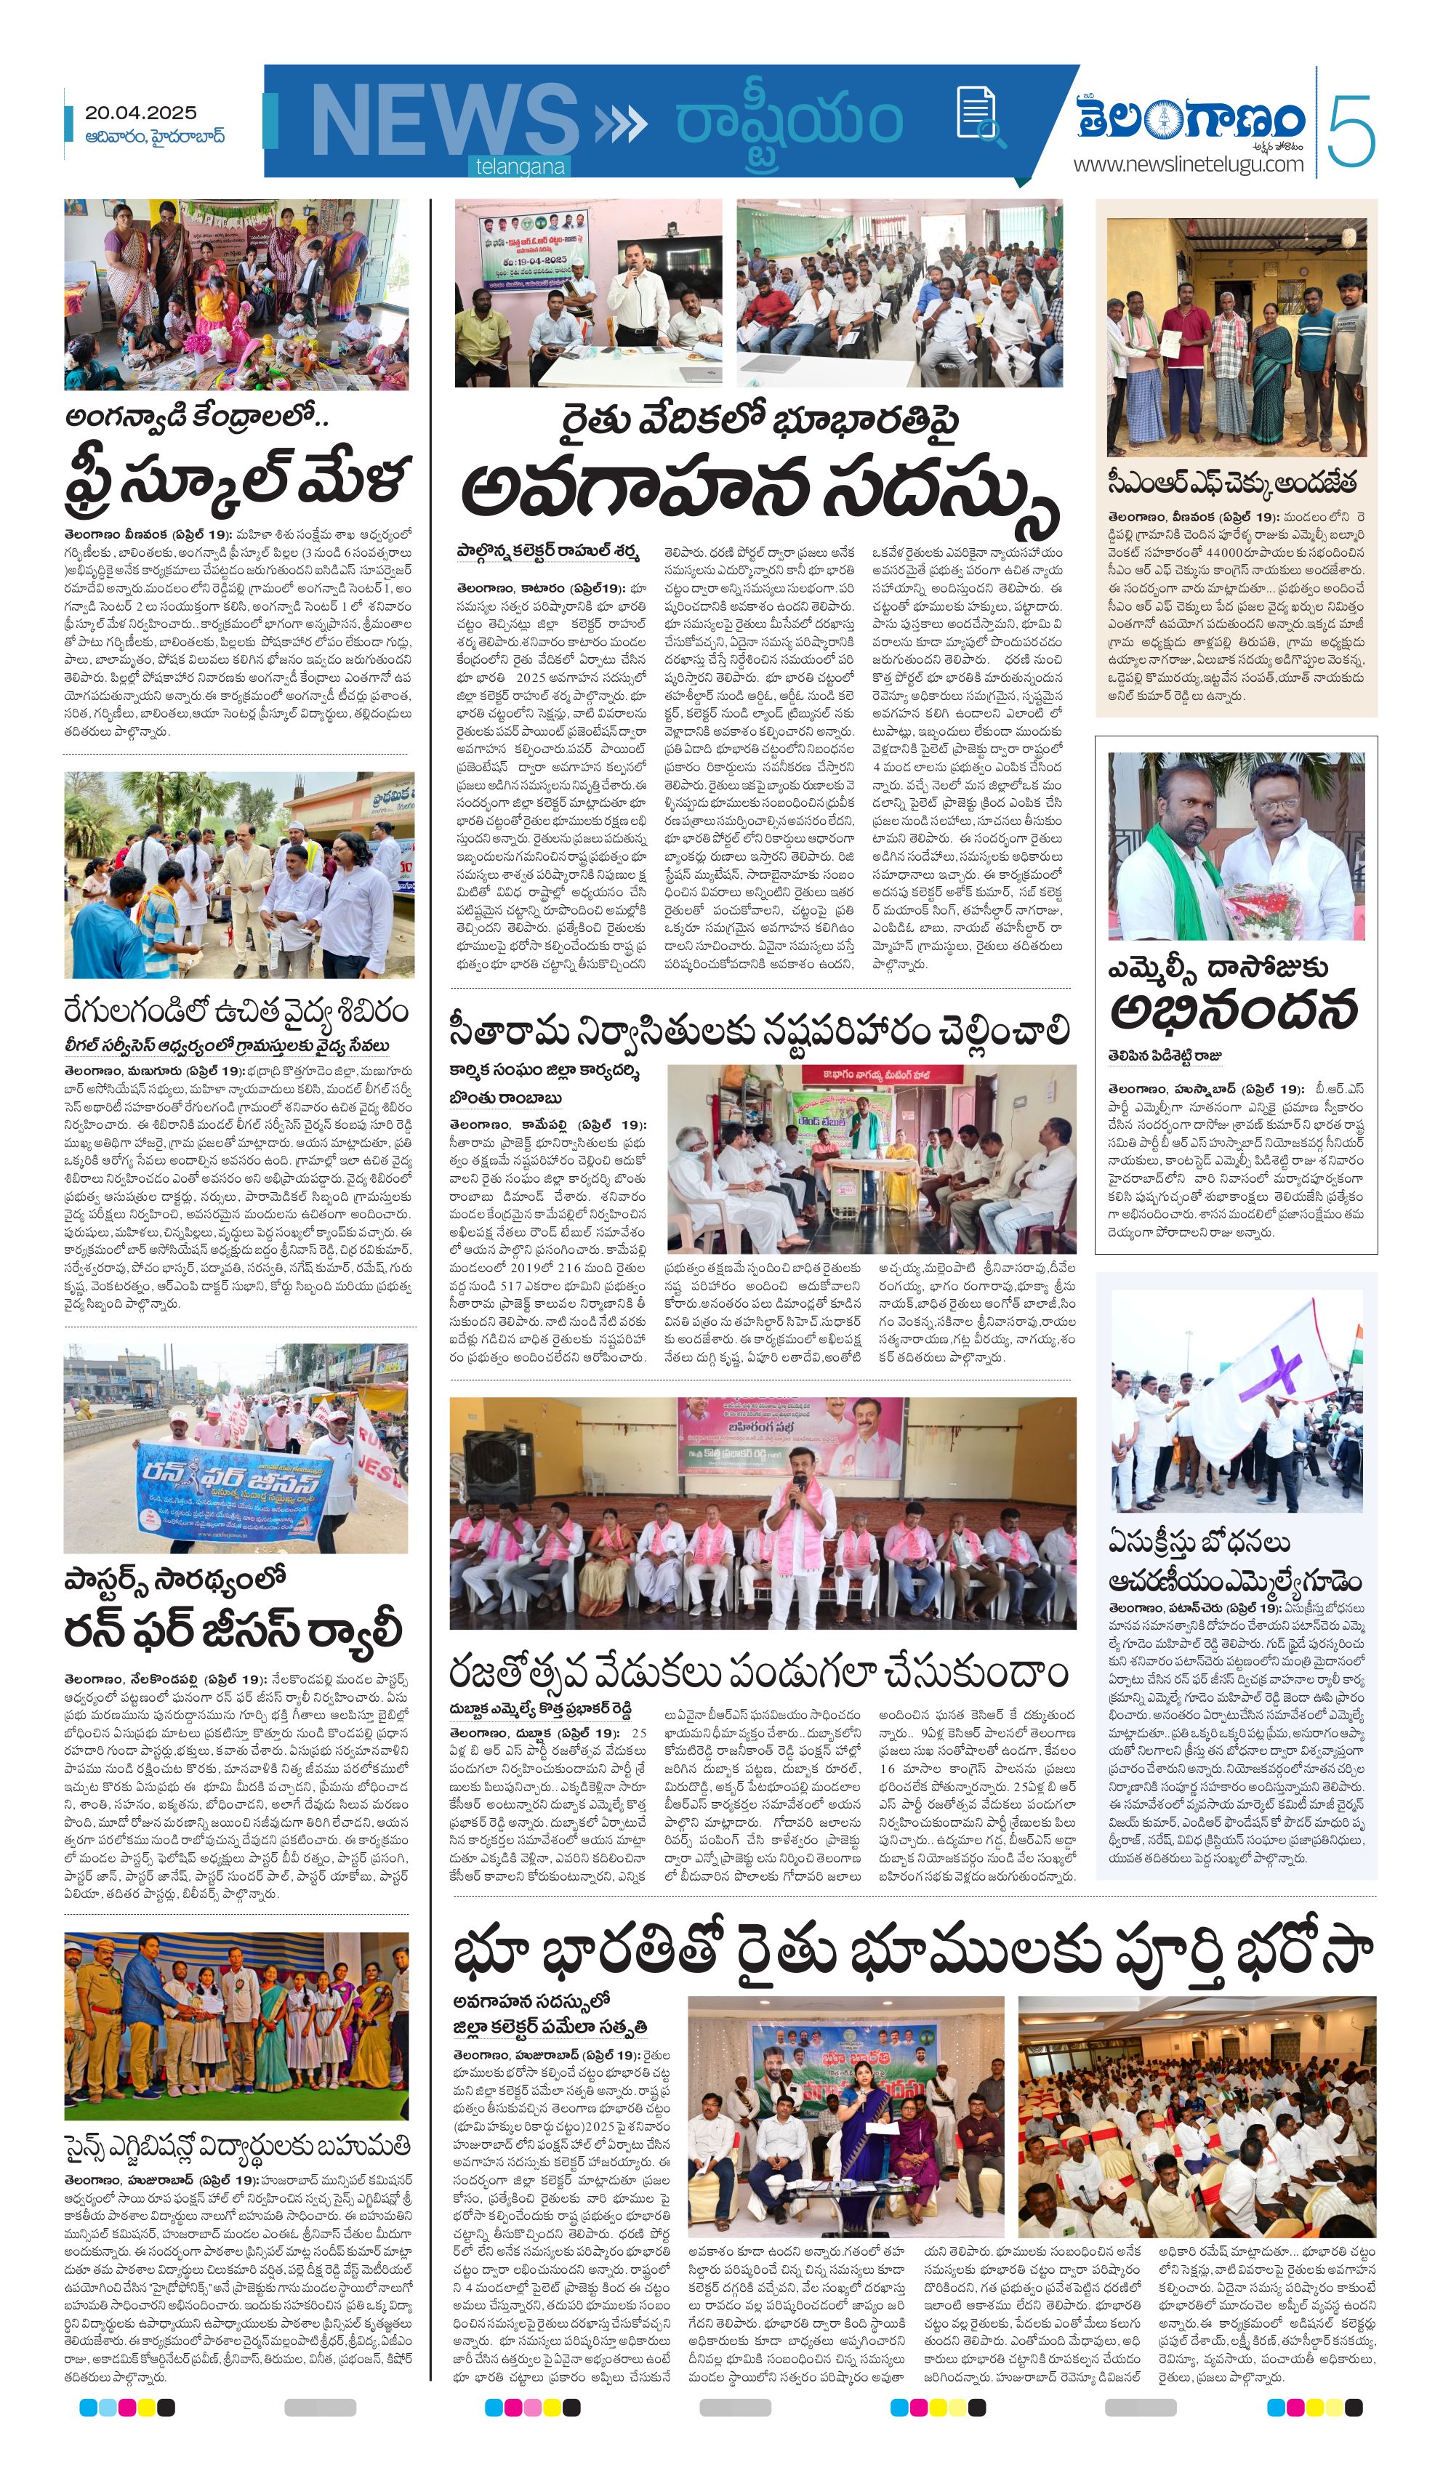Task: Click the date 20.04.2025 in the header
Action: (140, 113)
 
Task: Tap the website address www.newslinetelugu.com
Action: (1188, 164)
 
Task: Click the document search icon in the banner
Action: (978, 115)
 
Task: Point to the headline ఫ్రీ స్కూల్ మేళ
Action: (238, 480)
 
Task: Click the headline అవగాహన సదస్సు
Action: (759, 491)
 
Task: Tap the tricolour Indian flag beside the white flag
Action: (1351, 1340)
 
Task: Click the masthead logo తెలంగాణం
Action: (1191, 118)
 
